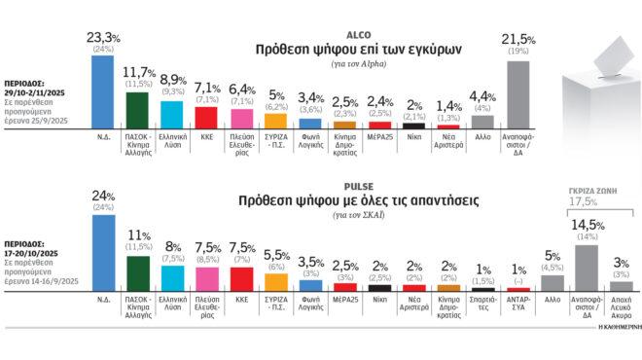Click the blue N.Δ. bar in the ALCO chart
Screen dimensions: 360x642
tap(102, 91)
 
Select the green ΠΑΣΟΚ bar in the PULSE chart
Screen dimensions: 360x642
tap(138, 274)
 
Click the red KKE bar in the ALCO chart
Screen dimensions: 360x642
tap(206, 117)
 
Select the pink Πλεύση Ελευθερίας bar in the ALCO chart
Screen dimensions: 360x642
tap(242, 118)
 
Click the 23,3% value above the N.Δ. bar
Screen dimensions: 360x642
tap(103, 36)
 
